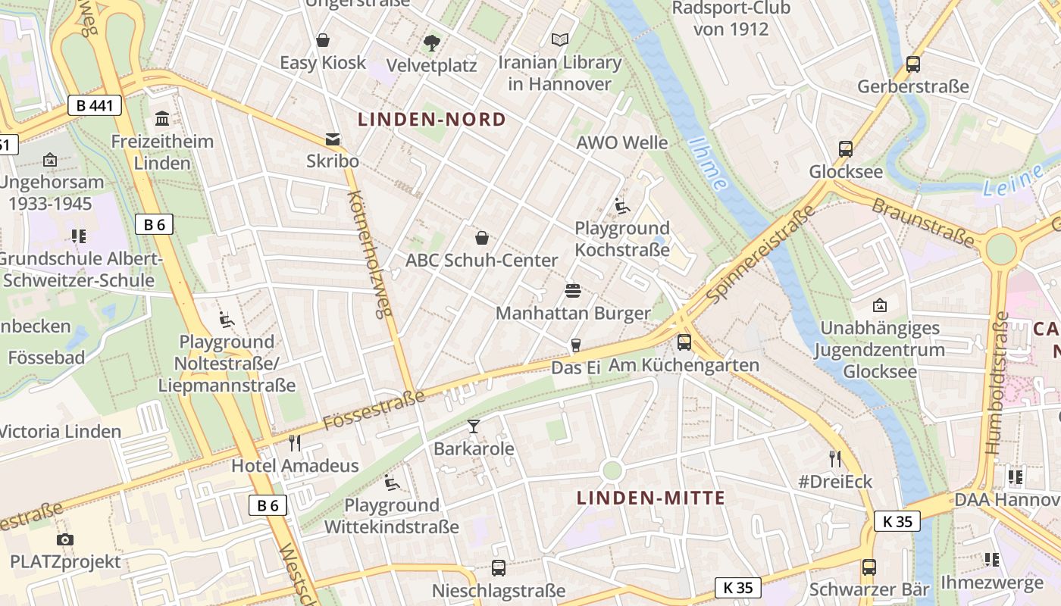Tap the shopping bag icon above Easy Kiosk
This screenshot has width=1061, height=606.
tap(323, 40)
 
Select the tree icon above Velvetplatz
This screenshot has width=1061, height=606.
tap(432, 43)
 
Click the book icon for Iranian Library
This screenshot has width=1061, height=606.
tap(560, 39)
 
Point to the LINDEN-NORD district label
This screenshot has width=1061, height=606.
tap(431, 120)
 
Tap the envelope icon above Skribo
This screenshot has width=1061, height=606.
tap(333, 139)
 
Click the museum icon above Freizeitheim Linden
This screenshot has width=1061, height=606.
tap(162, 119)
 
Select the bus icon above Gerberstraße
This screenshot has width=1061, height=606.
tap(913, 64)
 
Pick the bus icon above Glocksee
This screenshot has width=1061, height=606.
tap(846, 149)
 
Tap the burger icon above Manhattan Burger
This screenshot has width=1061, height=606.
tap(573, 291)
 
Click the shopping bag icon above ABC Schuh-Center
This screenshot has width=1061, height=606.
tap(481, 238)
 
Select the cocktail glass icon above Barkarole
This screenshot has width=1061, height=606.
tap(474, 426)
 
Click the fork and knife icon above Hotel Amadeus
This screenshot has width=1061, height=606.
tap(295, 443)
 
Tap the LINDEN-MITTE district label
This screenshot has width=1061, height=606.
tap(651, 498)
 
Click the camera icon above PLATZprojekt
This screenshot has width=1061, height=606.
tap(65, 539)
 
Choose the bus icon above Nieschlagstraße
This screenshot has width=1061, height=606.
tap(499, 567)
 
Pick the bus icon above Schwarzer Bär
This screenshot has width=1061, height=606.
tap(869, 567)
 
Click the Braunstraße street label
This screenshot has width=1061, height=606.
tap(923, 222)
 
